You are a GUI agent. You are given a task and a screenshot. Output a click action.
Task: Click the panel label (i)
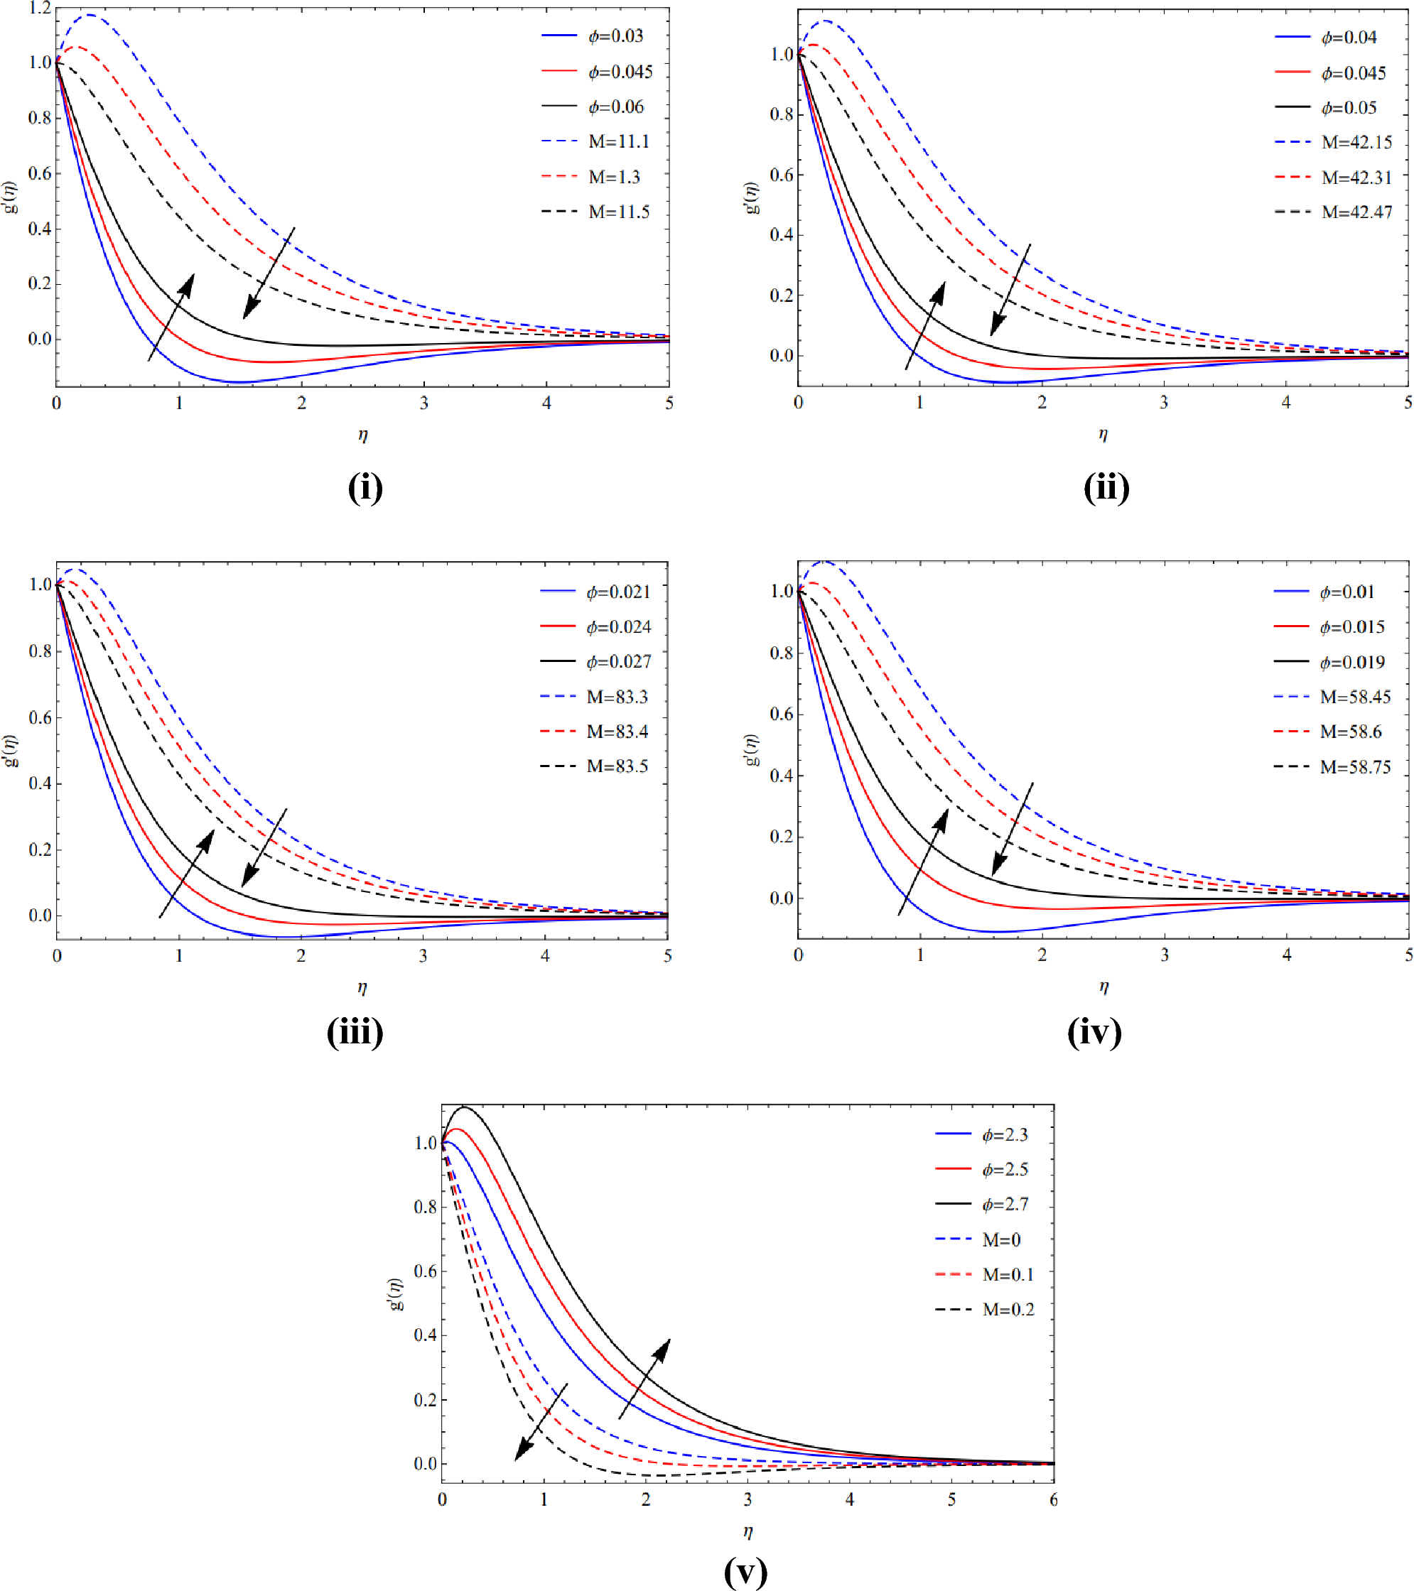(x=365, y=488)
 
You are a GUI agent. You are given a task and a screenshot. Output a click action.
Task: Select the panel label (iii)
(x=355, y=1032)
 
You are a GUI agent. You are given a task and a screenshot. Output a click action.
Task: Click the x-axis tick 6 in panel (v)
(x=1053, y=1499)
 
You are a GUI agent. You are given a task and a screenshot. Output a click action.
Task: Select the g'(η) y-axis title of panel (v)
(x=396, y=1293)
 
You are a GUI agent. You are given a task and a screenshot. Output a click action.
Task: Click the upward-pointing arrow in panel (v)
(x=644, y=1379)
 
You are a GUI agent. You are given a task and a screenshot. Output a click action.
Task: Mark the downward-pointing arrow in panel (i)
(x=269, y=273)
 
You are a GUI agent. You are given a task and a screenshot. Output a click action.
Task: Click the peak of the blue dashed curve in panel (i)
(x=91, y=15)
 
